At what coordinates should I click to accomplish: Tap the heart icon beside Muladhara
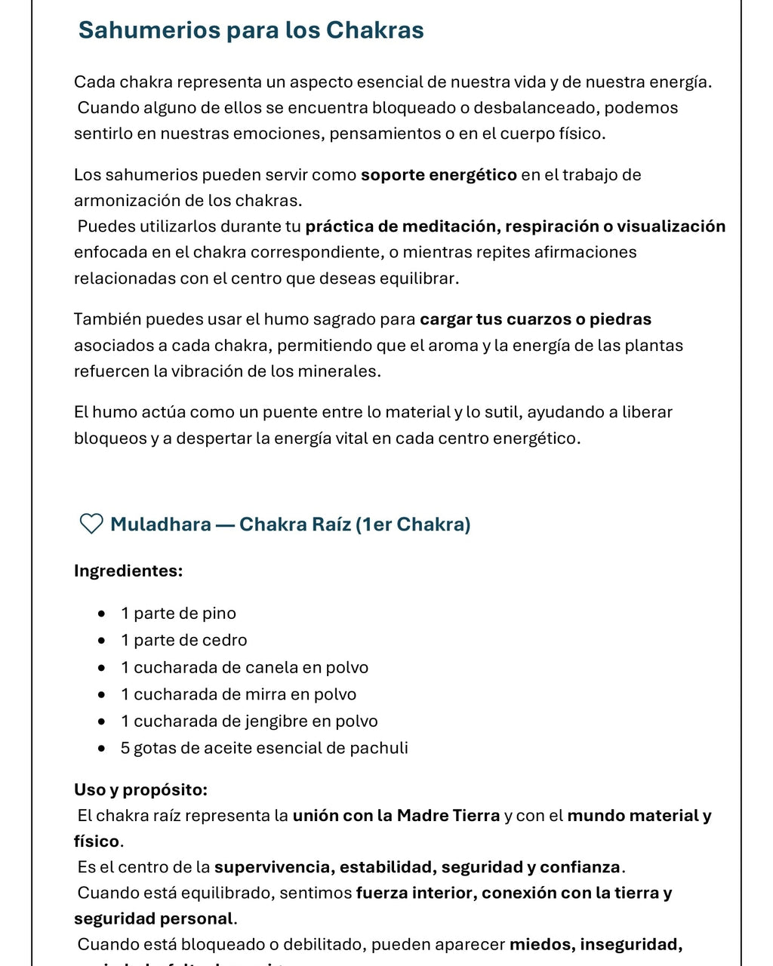tap(91, 524)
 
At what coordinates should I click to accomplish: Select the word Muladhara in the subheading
tap(160, 525)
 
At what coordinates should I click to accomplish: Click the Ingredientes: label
tap(128, 571)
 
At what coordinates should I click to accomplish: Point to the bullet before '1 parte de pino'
tap(102, 614)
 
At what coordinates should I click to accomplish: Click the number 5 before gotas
tap(125, 748)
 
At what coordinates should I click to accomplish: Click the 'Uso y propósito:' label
tap(140, 789)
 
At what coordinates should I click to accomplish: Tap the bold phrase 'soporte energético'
tap(439, 175)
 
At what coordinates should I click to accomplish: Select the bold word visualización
tap(670, 226)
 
